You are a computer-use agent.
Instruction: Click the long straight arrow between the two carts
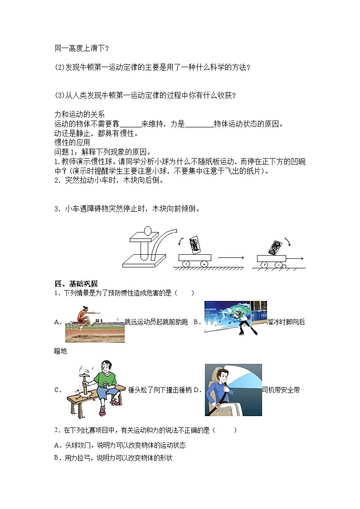(231, 258)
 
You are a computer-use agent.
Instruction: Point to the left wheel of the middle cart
(185, 263)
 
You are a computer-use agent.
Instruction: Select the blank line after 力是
(199, 124)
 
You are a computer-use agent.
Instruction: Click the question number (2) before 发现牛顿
(60, 67)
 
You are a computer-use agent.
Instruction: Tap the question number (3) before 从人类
(60, 95)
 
